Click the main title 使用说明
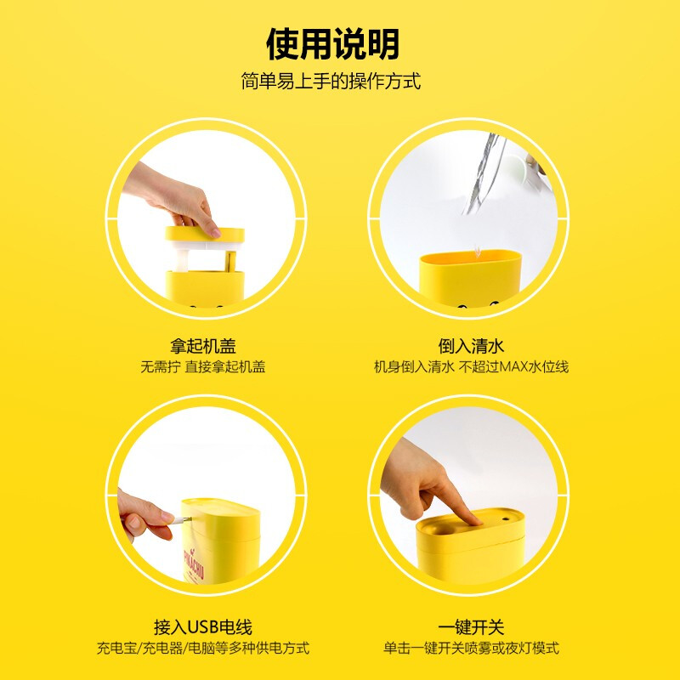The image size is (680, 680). [x=332, y=43]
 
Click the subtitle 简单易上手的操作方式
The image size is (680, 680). [x=331, y=81]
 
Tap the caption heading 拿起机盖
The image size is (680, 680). [x=203, y=346]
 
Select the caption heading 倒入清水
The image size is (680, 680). [x=471, y=346]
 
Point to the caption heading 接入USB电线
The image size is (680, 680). [x=203, y=627]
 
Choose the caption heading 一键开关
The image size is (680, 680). [x=471, y=627]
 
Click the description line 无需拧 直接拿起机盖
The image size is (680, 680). [x=203, y=367]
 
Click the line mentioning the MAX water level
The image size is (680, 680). [x=471, y=367]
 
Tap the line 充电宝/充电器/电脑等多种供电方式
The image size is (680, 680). [x=203, y=648]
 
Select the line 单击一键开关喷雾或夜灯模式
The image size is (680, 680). [x=471, y=648]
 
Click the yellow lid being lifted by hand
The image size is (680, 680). [x=205, y=235]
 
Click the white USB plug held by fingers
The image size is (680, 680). [x=180, y=520]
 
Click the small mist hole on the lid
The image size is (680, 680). [x=506, y=518]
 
